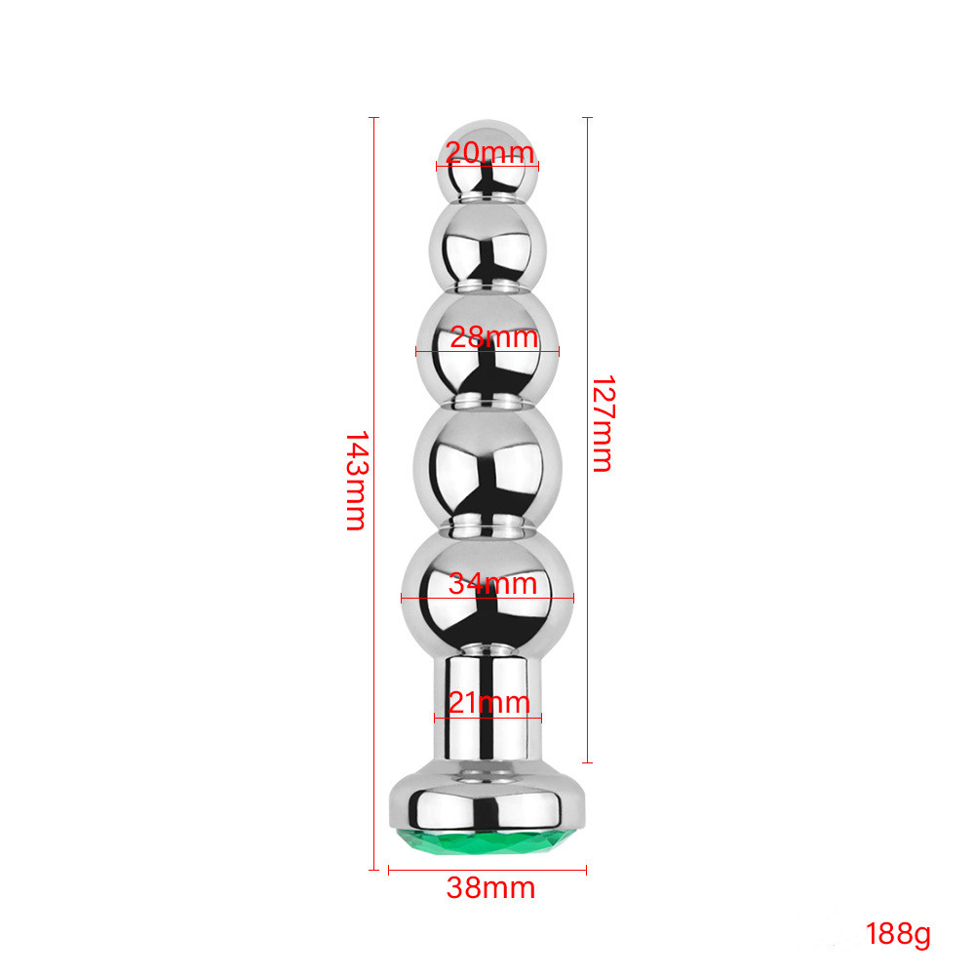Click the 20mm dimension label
tap(490, 152)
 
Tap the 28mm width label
tap(493, 337)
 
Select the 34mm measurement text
tap(492, 583)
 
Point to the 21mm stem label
tap(488, 702)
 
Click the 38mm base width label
tap(490, 887)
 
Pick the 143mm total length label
tap(356, 481)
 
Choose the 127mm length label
tap(603, 423)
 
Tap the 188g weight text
tap(898, 934)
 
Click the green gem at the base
tap(487, 840)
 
